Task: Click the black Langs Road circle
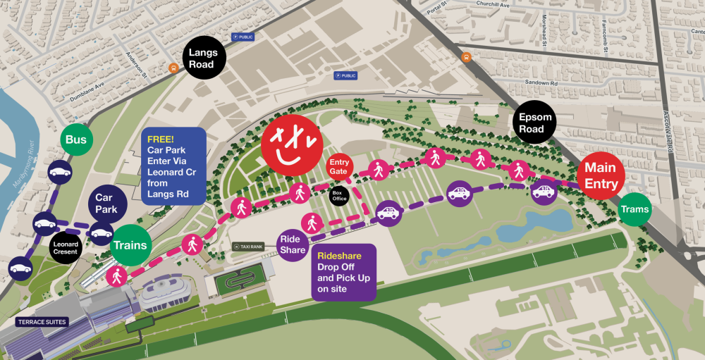pyautogui.click(x=203, y=58)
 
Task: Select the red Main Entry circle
pyautogui.click(x=600, y=176)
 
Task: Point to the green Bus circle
pyautogui.click(x=76, y=140)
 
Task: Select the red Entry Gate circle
pyautogui.click(x=340, y=168)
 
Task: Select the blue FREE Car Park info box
pyautogui.click(x=173, y=166)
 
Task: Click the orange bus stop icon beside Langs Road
pyautogui.click(x=173, y=68)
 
